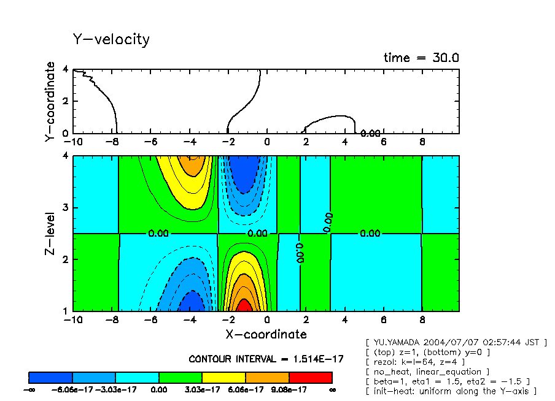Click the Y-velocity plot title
[x=111, y=40]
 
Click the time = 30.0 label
[x=421, y=58]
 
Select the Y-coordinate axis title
[x=50, y=102]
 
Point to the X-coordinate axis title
[x=266, y=334]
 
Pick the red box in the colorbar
[x=310, y=377]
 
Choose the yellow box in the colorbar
[x=223, y=377]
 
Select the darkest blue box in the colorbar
[x=51, y=377]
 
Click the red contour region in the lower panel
[x=244, y=305]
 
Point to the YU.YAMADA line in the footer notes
[x=456, y=342]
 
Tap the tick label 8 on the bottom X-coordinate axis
[x=422, y=320]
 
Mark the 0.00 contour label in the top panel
[x=370, y=133]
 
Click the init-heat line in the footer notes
[x=451, y=391]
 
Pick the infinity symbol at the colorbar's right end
[x=332, y=389]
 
